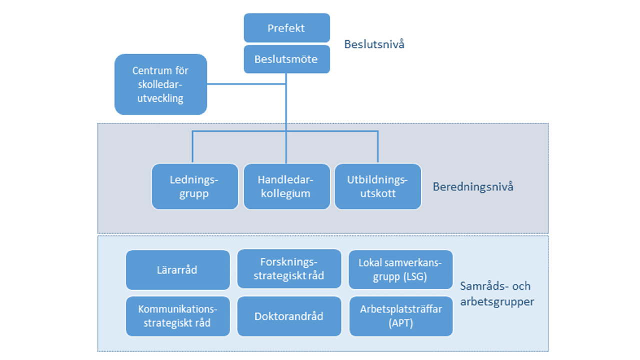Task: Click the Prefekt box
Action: [286, 28]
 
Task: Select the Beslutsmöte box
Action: [286, 59]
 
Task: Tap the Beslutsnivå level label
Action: [374, 44]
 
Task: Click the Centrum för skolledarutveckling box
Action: [160, 84]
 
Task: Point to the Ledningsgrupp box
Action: [194, 186]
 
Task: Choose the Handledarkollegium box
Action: [286, 186]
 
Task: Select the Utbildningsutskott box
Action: [378, 186]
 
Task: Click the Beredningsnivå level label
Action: [472, 187]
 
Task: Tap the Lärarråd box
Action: [177, 270]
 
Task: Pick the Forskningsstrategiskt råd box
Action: [289, 269]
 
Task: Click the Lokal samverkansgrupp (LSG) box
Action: [400, 269]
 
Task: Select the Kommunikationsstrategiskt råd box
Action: [177, 316]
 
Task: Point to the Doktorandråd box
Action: [289, 316]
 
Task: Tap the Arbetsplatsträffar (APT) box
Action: [400, 316]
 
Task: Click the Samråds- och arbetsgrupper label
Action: [496, 294]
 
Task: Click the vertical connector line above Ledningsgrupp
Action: [192, 147]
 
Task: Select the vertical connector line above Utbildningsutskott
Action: [377, 147]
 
